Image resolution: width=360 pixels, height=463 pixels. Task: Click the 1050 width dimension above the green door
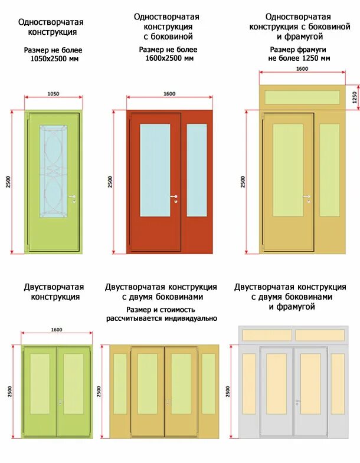pos(53,94)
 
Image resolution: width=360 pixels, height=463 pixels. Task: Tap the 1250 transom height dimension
pos(355,96)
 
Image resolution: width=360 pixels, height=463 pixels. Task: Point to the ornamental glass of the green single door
pos(53,171)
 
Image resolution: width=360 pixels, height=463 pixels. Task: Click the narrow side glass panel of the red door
pos(197,170)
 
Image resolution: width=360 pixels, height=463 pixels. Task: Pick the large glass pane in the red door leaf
pos(155,170)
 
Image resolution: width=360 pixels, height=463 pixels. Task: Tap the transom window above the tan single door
pos(302,97)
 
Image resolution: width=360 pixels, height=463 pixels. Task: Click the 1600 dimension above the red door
pos(169,94)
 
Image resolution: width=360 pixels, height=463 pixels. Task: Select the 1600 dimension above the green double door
pos(57,330)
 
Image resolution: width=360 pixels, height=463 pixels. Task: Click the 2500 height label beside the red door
pos(110,182)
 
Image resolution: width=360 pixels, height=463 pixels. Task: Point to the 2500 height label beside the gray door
pos(228,391)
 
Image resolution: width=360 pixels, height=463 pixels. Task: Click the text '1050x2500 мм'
pos(54,58)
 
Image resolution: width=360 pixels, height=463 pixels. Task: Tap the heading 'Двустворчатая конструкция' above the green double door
pos(54,292)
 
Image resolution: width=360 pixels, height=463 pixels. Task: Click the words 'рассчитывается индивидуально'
pos(162,318)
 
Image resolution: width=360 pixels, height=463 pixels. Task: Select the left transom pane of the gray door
pos(267,335)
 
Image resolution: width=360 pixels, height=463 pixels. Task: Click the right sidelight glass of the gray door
pos(338,383)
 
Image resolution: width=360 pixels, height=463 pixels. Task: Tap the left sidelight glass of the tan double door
pos(120,383)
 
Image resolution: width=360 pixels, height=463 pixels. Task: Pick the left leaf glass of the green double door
pos(40,383)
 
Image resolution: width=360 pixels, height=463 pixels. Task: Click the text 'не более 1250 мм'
pos(299,58)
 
